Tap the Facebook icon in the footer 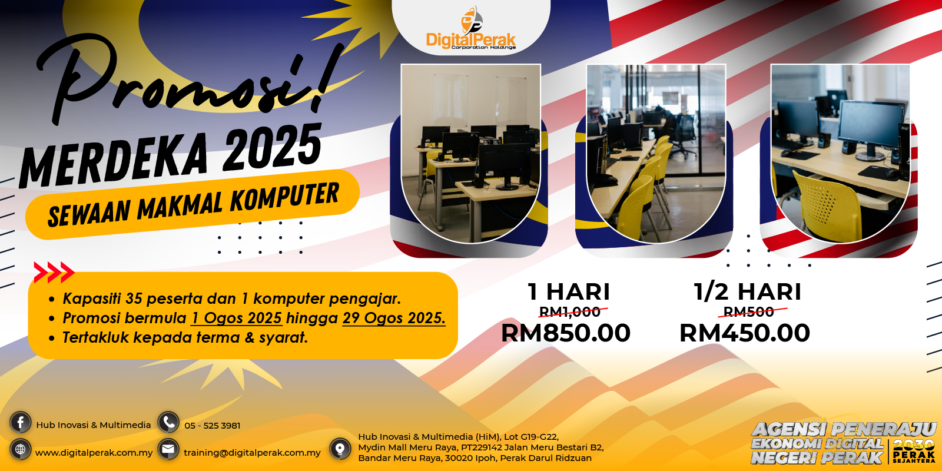click(x=20, y=422)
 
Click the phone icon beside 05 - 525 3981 click(x=168, y=422)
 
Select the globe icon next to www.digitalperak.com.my click(x=20, y=449)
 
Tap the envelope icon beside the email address click(x=168, y=449)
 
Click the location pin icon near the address click(x=340, y=449)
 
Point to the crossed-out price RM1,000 click(x=570, y=311)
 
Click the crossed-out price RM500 click(x=748, y=311)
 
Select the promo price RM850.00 click(x=566, y=333)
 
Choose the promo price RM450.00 click(x=744, y=333)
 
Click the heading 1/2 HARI click(x=747, y=292)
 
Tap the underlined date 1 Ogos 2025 click(x=237, y=318)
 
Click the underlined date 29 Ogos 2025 click(x=394, y=318)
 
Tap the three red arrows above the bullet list click(x=54, y=273)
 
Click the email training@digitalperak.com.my click(x=252, y=453)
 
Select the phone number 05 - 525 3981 click(x=213, y=426)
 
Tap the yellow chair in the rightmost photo click(x=824, y=206)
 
